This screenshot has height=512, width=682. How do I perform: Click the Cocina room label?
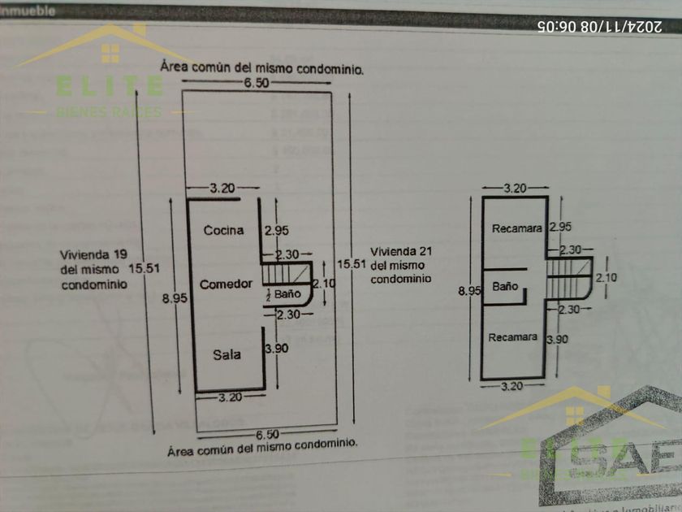[x=223, y=230]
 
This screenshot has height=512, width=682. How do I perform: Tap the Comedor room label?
[x=226, y=284]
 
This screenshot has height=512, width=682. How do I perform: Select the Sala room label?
[x=227, y=354]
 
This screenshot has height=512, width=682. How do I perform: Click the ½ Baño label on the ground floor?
[x=284, y=293]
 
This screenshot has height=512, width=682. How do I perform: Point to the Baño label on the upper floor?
[x=505, y=286]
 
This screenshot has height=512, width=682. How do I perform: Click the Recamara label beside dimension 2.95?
[x=516, y=228]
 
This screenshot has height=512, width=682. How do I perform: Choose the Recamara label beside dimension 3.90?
[x=512, y=337]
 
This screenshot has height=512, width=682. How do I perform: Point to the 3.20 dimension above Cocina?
[x=223, y=188]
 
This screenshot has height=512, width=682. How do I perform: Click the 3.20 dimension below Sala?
[x=231, y=397]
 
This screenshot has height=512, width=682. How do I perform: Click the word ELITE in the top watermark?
[x=109, y=85]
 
